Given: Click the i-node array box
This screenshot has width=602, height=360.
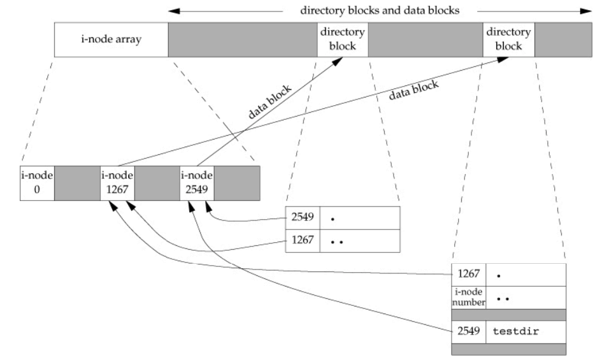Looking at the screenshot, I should [x=111, y=39].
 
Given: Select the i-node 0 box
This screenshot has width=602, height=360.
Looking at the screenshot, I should [x=37, y=183].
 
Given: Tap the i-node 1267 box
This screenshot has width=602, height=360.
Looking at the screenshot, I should [x=117, y=183].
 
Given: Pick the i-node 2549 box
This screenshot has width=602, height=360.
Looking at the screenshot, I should [x=197, y=183].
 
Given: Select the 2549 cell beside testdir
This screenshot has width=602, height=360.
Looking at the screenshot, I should [x=468, y=331].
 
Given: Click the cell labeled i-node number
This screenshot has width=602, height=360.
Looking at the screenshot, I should [x=468, y=296].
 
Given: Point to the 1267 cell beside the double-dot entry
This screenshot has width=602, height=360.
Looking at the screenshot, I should [x=303, y=240].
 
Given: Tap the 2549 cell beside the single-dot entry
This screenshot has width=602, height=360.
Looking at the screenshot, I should [x=303, y=217].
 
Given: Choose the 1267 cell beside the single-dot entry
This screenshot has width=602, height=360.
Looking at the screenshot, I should [x=468, y=274].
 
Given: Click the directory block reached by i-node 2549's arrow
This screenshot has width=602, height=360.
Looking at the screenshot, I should [x=343, y=39].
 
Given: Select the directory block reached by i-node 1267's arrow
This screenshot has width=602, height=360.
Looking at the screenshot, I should [x=509, y=39].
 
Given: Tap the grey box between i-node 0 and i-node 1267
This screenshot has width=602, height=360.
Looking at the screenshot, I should [x=77, y=183].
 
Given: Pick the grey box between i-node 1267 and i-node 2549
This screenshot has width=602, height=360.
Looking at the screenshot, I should [x=157, y=183].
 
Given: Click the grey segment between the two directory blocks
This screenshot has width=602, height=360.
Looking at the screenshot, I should [x=426, y=39].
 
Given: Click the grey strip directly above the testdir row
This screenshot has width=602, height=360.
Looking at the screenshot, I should [x=508, y=314].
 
